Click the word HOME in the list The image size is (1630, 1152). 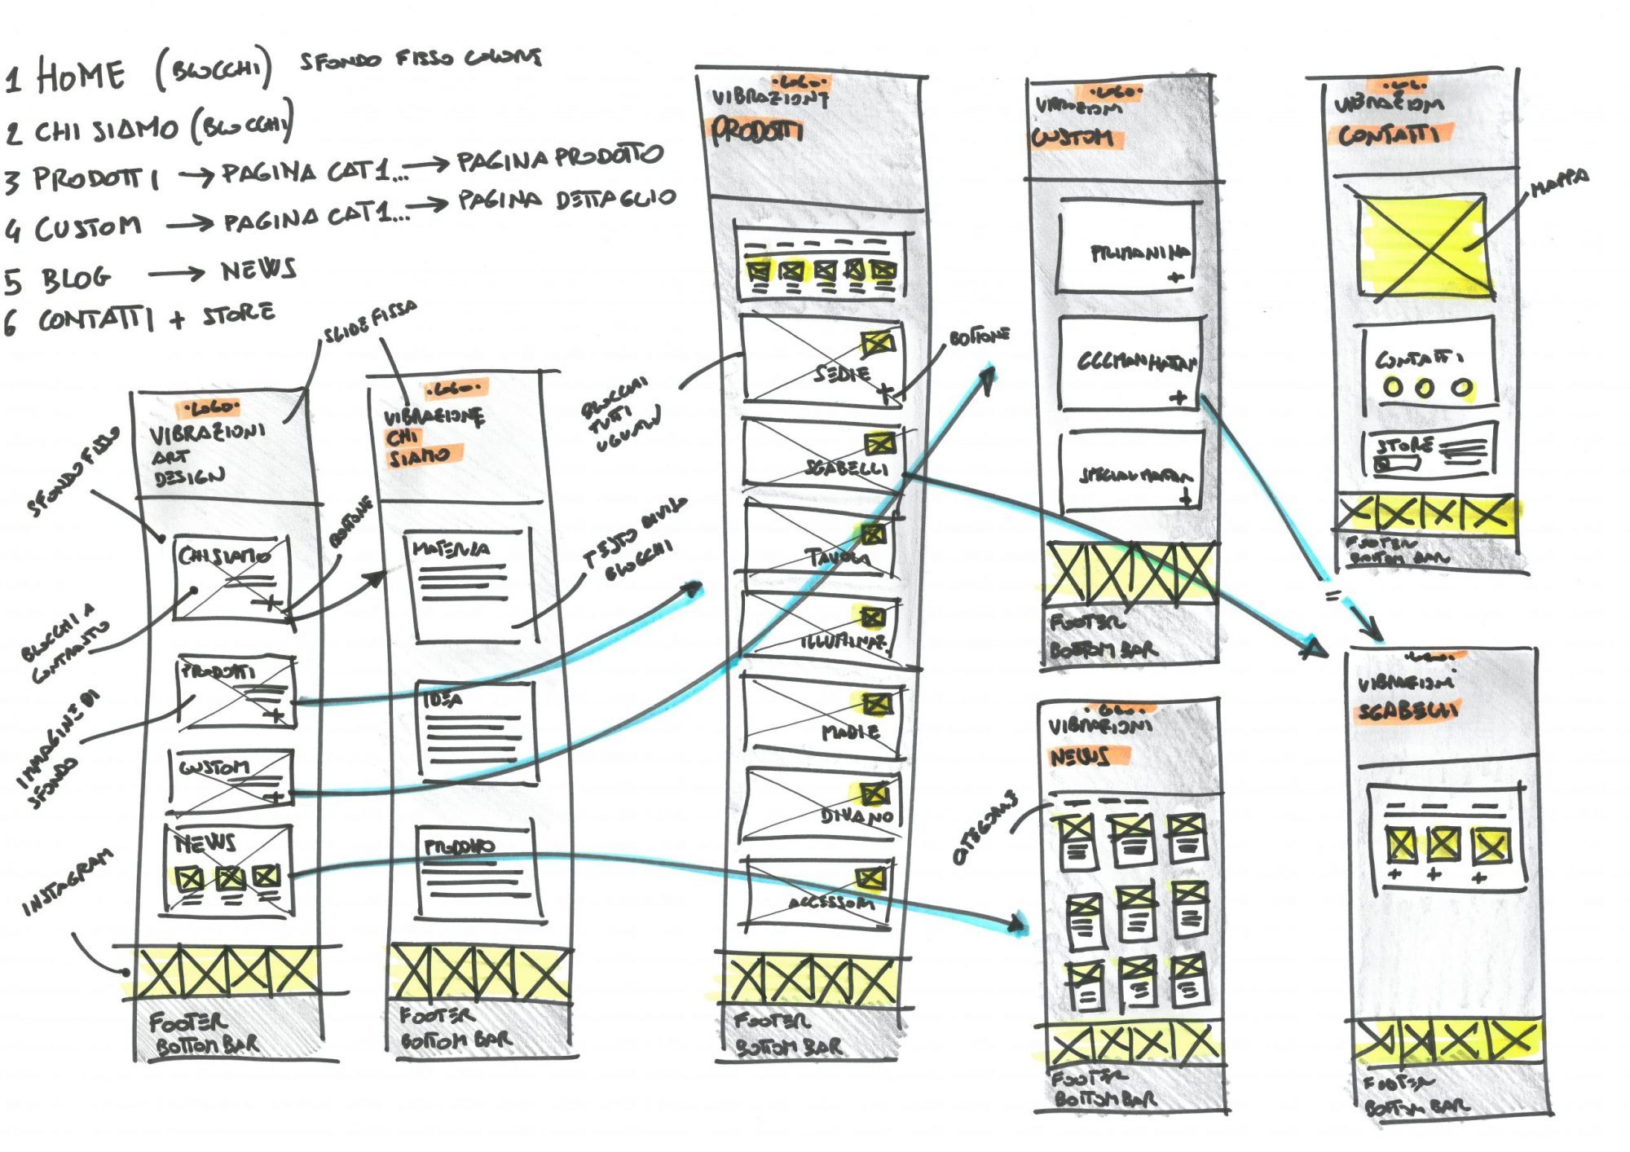pyautogui.click(x=80, y=76)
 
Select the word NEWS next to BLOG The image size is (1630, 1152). pyautogui.click(x=258, y=270)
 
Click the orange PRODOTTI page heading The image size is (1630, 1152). pyautogui.click(x=757, y=130)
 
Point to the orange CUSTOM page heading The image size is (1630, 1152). pyautogui.click(x=1074, y=137)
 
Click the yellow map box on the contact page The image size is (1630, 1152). pyautogui.click(x=1425, y=246)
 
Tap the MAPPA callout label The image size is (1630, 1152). pyautogui.click(x=1558, y=182)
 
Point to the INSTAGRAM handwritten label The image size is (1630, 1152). pyautogui.click(x=67, y=882)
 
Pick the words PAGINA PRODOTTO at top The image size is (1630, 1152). pyautogui.click(x=559, y=158)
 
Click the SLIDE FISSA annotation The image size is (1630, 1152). pyautogui.click(x=371, y=322)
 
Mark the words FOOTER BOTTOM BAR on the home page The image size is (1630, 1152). pyautogui.click(x=204, y=1033)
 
